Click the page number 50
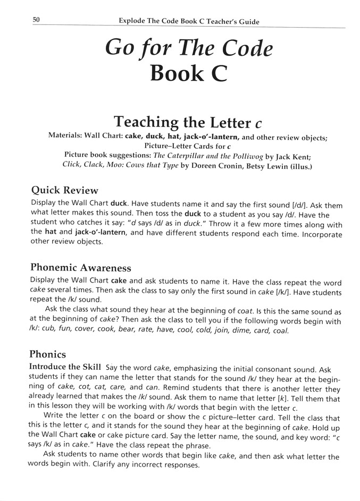[x=37, y=20]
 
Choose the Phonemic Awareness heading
[x=81, y=267]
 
